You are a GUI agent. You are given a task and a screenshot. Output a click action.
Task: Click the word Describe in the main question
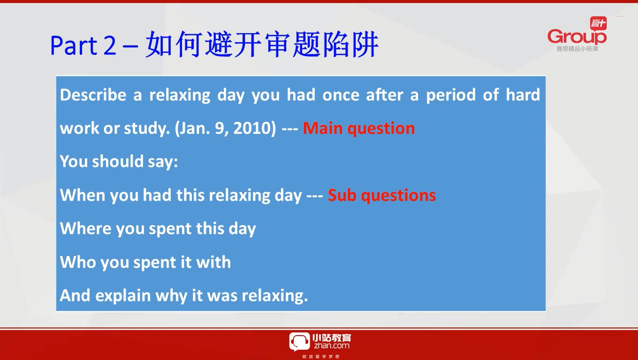pyautogui.click(x=93, y=95)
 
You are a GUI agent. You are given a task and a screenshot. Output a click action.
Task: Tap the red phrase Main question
pyautogui.click(x=358, y=128)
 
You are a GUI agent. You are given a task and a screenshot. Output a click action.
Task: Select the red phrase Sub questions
pyautogui.click(x=382, y=195)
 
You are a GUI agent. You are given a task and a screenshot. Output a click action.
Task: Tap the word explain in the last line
pyautogui.click(x=123, y=296)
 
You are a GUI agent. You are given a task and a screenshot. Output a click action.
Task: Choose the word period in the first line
pyautogui.click(x=450, y=95)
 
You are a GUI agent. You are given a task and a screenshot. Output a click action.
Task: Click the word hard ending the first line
pyautogui.click(x=523, y=95)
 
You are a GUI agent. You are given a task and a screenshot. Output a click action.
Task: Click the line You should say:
pyautogui.click(x=119, y=162)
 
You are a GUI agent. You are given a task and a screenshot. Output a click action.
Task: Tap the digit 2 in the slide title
pyautogui.click(x=110, y=45)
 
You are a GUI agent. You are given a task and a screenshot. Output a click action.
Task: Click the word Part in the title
pyautogui.click(x=74, y=45)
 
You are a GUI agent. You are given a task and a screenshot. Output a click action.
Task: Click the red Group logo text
pyautogui.click(x=577, y=37)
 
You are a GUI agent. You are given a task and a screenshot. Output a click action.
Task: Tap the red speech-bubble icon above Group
pyautogui.click(x=598, y=23)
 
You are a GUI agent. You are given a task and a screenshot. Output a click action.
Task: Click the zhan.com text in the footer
pyautogui.click(x=332, y=346)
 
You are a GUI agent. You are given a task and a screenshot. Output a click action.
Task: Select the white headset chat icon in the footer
pyautogui.click(x=299, y=342)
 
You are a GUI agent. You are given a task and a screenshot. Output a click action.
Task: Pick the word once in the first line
pyautogui.click(x=341, y=95)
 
